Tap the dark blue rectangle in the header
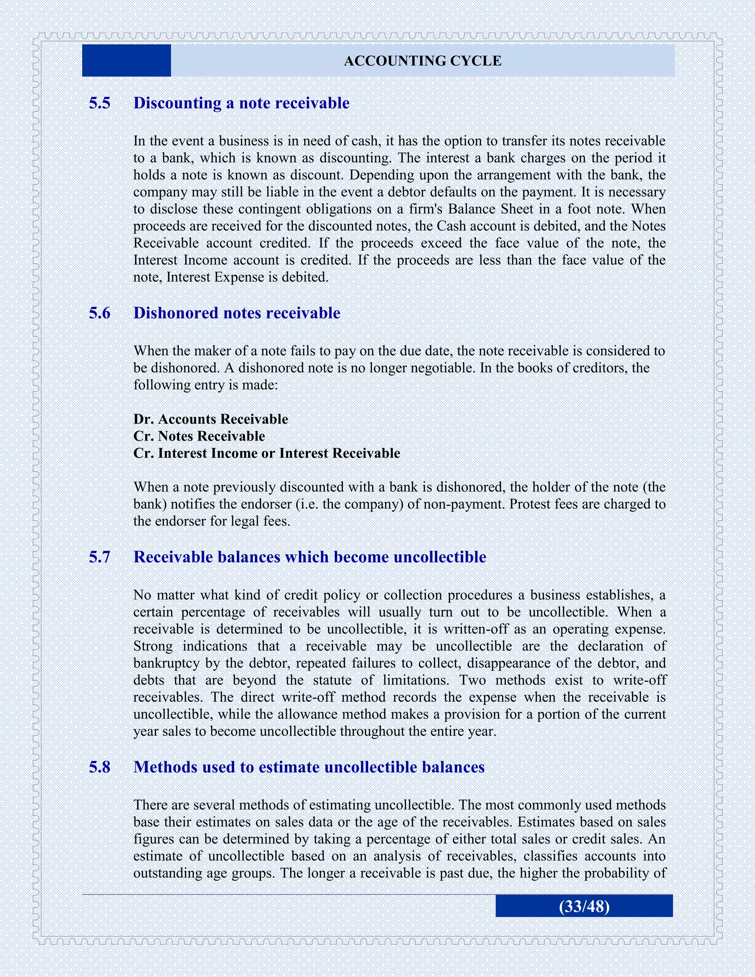tap(126, 60)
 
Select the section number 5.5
tap(99, 103)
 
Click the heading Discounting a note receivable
tap(241, 103)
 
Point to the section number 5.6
tap(99, 313)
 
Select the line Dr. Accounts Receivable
tap(210, 419)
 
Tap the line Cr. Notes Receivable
tap(199, 436)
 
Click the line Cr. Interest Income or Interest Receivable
tap(266, 453)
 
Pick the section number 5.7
tap(99, 557)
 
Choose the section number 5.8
tap(99, 767)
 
